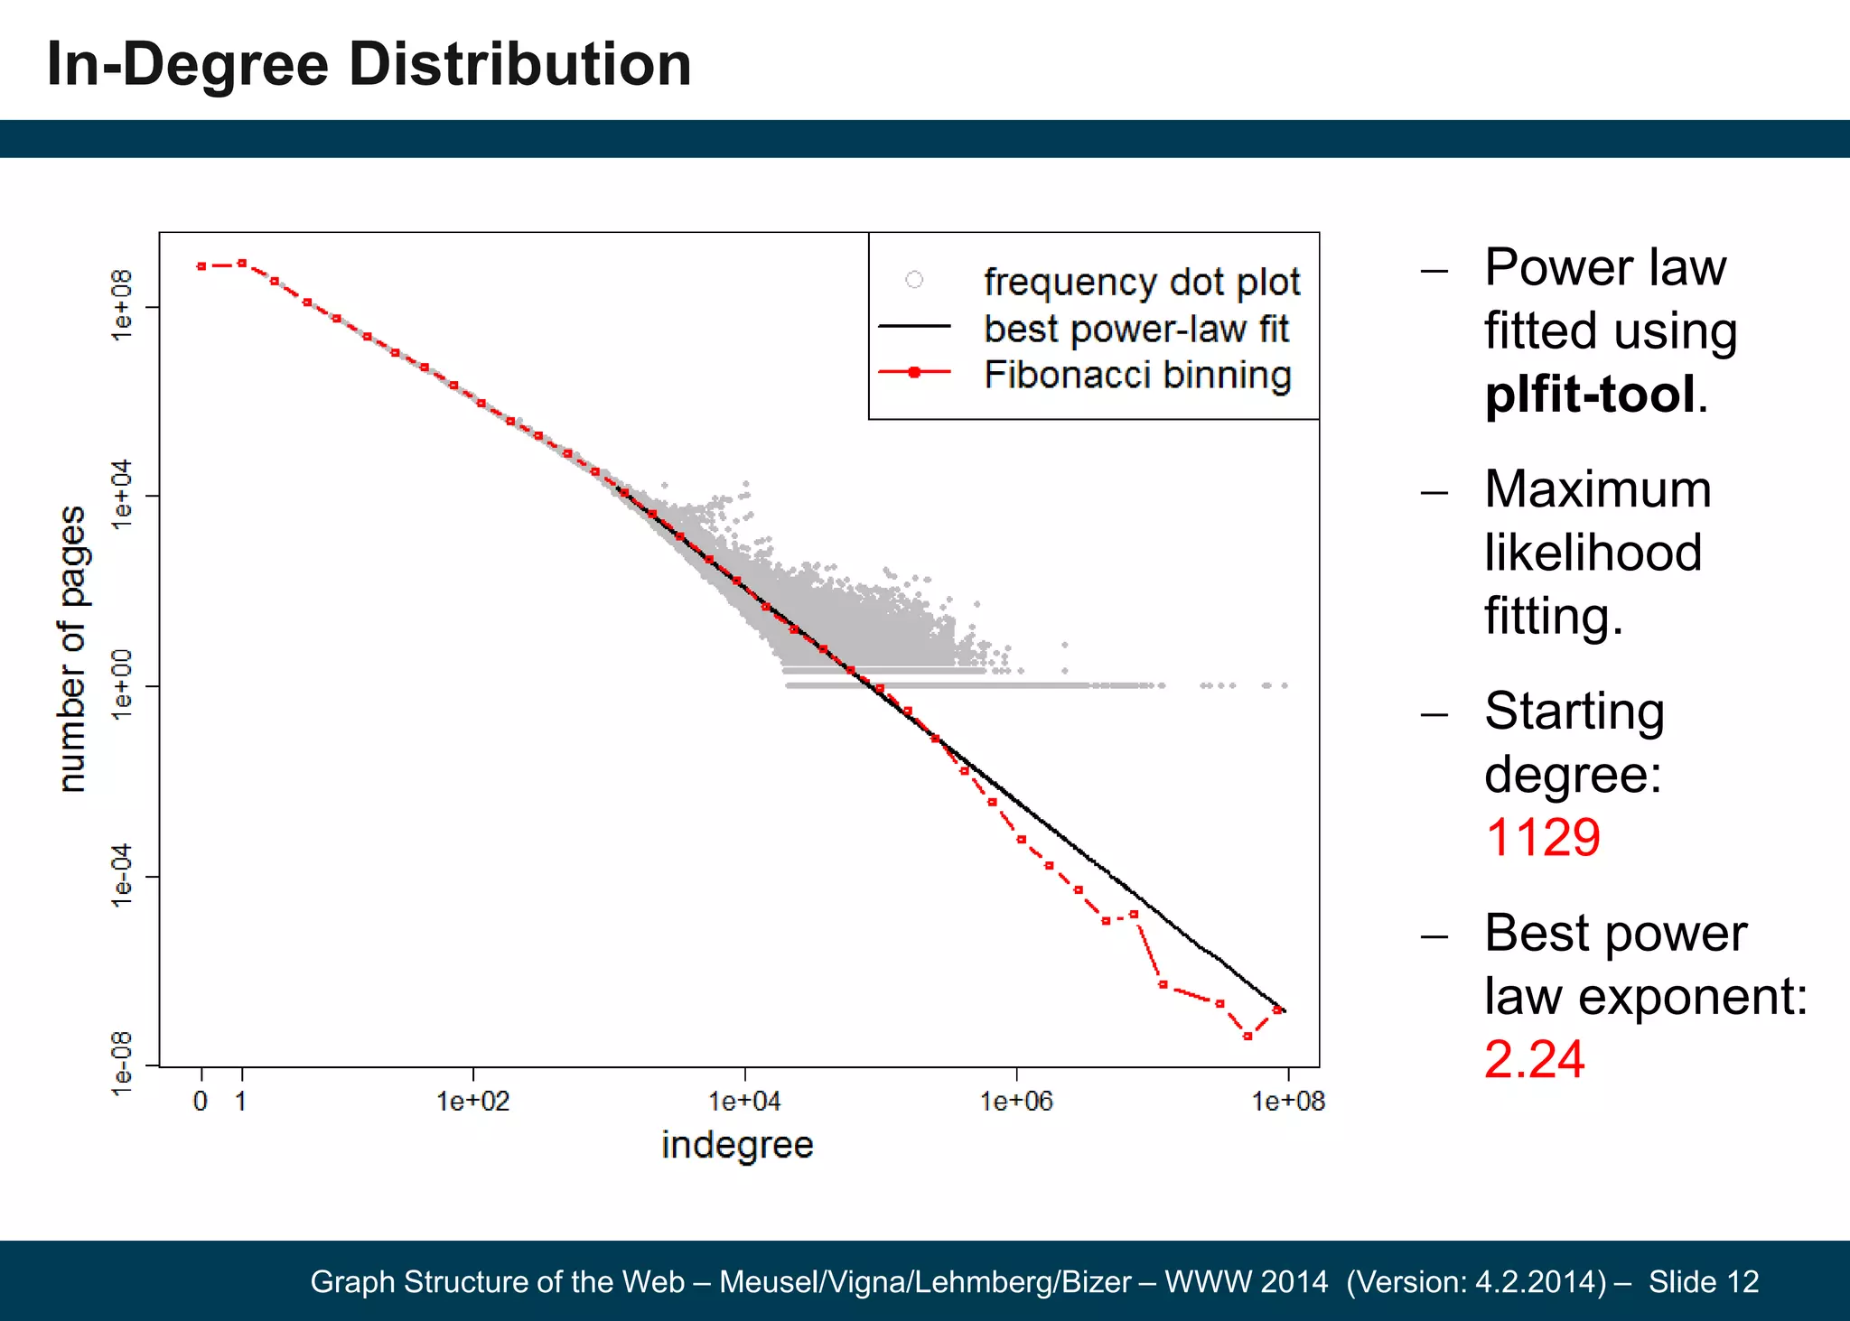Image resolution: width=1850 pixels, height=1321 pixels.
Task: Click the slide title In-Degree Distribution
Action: pyautogui.click(x=369, y=65)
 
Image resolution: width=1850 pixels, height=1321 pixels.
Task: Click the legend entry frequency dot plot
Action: pyautogui.click(x=1141, y=282)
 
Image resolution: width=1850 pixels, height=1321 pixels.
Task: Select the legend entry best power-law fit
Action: pyautogui.click(x=1135, y=329)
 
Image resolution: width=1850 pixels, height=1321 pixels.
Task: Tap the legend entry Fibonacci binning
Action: pyautogui.click(x=1137, y=375)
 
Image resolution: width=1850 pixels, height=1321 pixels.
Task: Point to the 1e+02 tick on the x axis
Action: pyautogui.click(x=473, y=1101)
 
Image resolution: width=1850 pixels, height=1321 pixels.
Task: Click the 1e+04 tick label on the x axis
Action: pyautogui.click(x=744, y=1101)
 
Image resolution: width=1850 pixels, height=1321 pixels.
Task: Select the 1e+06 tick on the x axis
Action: pyautogui.click(x=1016, y=1101)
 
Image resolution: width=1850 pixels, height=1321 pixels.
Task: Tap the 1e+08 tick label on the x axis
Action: pyautogui.click(x=1287, y=1101)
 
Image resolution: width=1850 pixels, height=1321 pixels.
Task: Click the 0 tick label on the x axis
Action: pyautogui.click(x=201, y=1101)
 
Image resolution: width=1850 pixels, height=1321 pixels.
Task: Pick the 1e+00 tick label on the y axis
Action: pyautogui.click(x=121, y=685)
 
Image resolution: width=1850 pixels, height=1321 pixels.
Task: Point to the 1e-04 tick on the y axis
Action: pyautogui.click(x=121, y=876)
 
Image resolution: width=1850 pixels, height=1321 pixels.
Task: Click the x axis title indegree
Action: pyautogui.click(x=737, y=1145)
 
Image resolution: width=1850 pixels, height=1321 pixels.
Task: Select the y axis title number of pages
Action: pyautogui.click(x=72, y=648)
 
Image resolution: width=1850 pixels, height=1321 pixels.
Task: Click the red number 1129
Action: pyautogui.click(x=1542, y=837)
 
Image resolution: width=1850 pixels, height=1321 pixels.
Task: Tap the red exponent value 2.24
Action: pyautogui.click(x=1534, y=1059)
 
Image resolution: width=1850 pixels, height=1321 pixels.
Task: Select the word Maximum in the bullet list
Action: pyautogui.click(x=1597, y=489)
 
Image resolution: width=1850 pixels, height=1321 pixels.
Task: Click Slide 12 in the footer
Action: pyautogui.click(x=1703, y=1281)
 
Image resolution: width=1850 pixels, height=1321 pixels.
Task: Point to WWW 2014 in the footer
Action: pyautogui.click(x=1246, y=1281)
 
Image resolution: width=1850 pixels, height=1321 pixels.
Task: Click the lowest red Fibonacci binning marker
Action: pyautogui.click(x=1247, y=1037)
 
